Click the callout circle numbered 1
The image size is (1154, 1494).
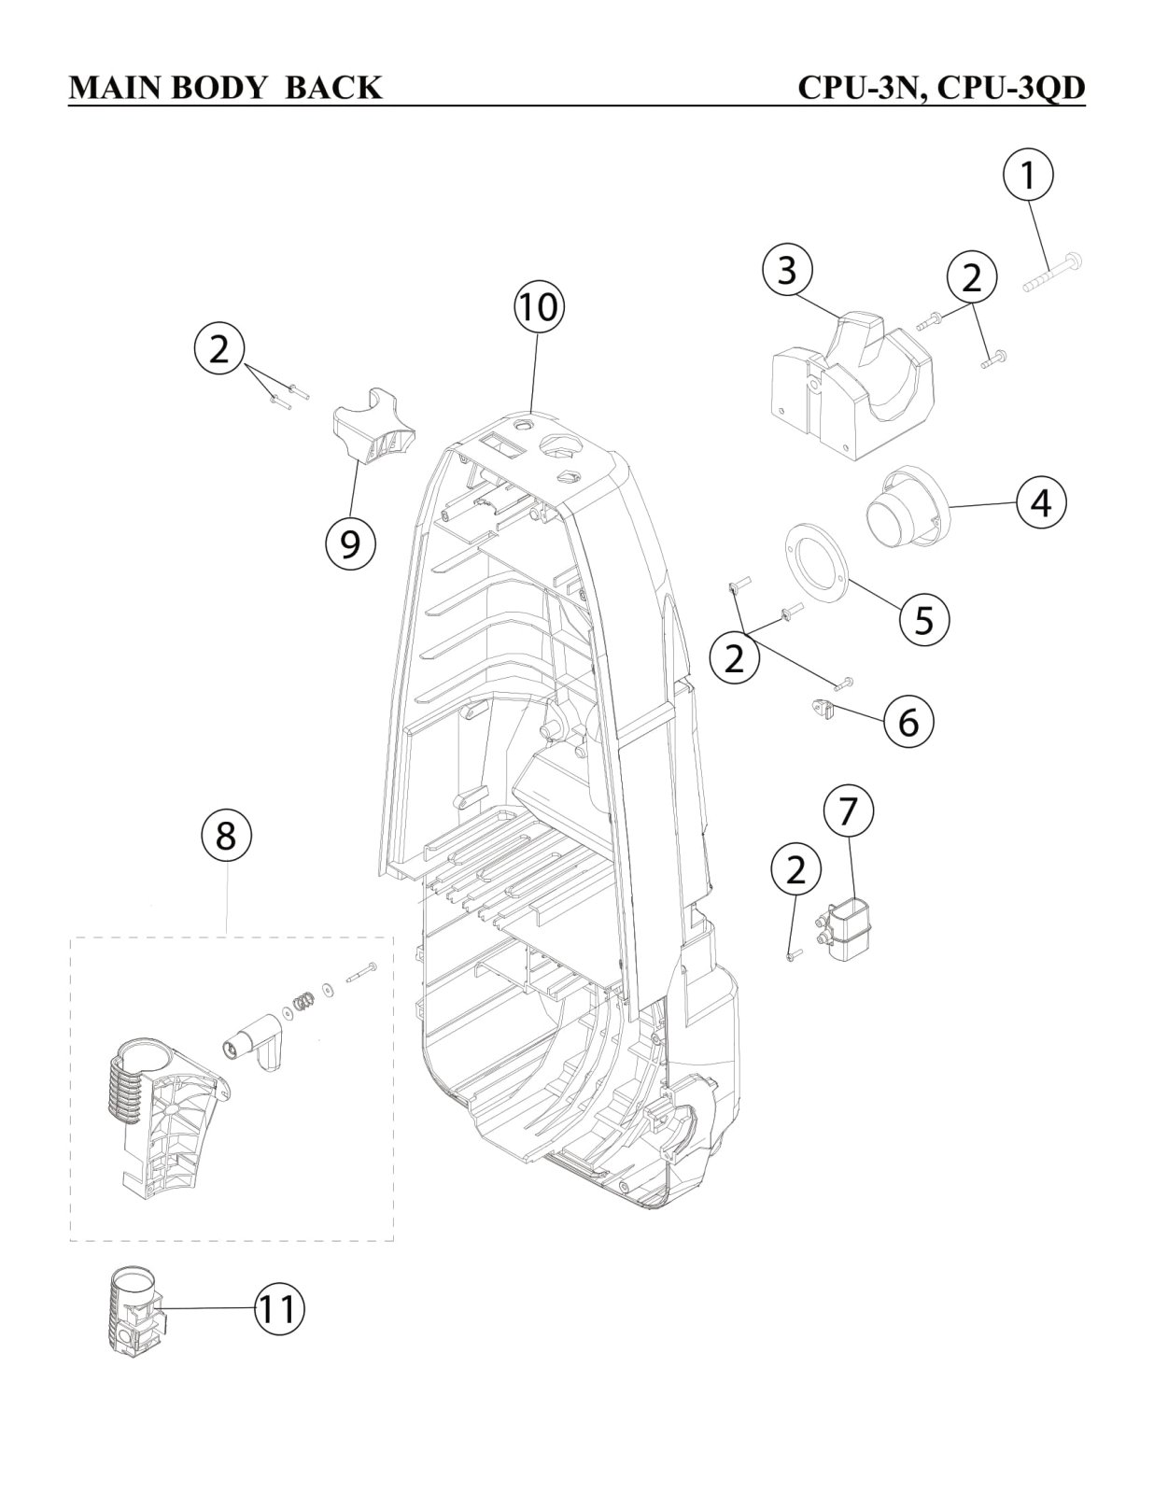pos(1027,176)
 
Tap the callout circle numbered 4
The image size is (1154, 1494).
pos(1040,502)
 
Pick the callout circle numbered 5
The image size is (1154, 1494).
pos(923,618)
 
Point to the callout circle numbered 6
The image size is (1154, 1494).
pos(908,722)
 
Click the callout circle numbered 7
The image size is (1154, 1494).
pos(847,811)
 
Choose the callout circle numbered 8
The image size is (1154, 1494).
pos(226,836)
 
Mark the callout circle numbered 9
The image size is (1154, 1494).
pos(349,542)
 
